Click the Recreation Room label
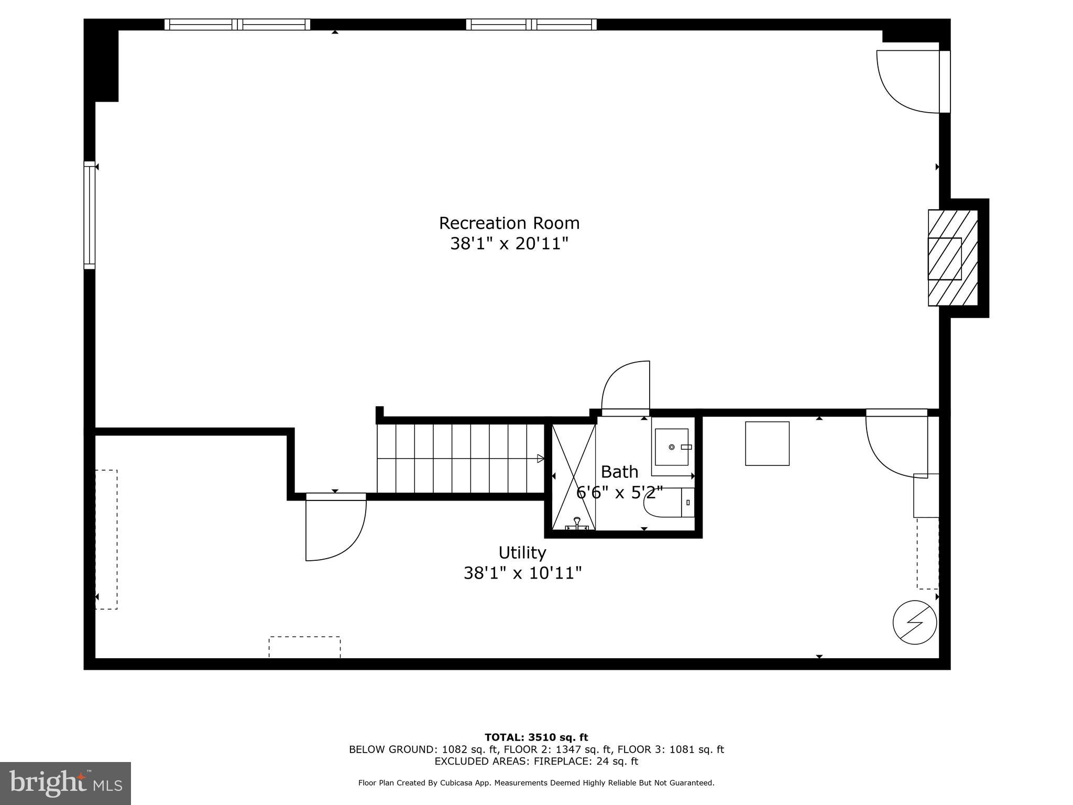click(509, 223)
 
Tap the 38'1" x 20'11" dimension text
click(509, 244)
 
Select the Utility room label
click(522, 553)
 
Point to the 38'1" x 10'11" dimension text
click(522, 573)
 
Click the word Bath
click(619, 472)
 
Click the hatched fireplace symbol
click(952, 258)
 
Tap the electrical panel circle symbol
click(915, 623)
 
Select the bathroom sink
click(672, 447)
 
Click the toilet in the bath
click(668, 503)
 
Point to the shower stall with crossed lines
click(574, 477)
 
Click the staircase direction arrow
click(540, 459)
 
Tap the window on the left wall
click(90, 215)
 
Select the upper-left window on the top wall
click(237, 25)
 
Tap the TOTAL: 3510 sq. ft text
click(536, 738)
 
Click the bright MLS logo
click(65, 783)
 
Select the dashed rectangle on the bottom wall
click(304, 647)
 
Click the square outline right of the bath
click(767, 443)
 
